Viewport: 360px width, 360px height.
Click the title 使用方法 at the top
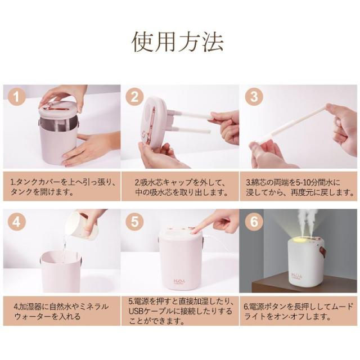[x=178, y=42]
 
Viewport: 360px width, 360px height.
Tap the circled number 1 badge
[x=16, y=97]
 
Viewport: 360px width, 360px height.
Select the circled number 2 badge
[x=134, y=97]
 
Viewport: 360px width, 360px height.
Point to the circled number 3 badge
[x=254, y=97]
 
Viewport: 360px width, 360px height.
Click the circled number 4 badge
[x=16, y=221]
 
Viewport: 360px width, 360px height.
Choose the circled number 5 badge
[x=134, y=221]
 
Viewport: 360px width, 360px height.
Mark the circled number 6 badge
[x=254, y=221]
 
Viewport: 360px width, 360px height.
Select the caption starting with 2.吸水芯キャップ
[x=181, y=187]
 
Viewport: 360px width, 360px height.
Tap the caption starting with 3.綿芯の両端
[x=300, y=187]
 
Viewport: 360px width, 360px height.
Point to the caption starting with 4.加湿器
[x=61, y=311]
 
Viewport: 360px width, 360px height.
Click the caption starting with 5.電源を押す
[x=181, y=311]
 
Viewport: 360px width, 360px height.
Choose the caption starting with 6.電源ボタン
[x=299, y=312]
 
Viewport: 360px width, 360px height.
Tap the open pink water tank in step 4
[x=61, y=271]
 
